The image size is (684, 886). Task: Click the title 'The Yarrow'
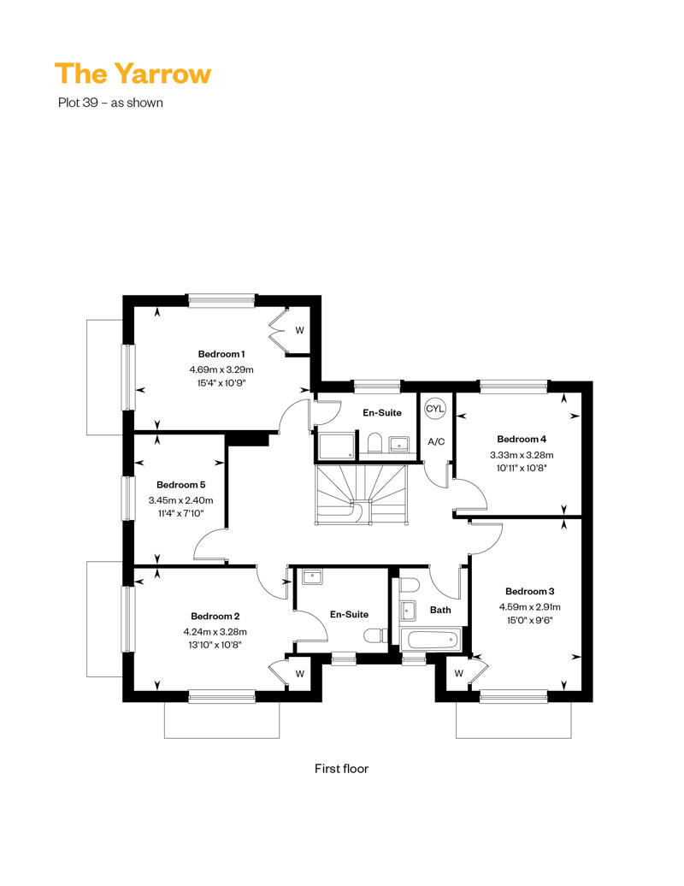pos(133,74)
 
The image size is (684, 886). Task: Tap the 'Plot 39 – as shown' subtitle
pos(110,103)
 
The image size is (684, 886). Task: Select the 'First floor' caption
pos(341,769)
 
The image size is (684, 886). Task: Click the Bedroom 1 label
pos(221,354)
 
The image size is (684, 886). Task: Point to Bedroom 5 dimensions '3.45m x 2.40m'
pos(180,500)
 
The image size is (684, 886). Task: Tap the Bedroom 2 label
pos(215,616)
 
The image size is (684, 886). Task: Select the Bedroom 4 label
pos(522,439)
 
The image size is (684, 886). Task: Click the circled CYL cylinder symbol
pos(435,409)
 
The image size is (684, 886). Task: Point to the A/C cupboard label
pos(436,442)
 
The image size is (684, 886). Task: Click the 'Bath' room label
pos(440,610)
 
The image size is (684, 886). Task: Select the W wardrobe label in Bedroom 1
pos(300,330)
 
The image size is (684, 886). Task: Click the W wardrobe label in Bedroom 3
pos(458,673)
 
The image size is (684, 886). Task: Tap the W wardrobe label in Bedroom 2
pos(300,674)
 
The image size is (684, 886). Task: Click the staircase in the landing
pos(362,494)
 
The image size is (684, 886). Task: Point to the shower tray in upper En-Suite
pos(338,446)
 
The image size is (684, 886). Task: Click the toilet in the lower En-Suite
pos(374,636)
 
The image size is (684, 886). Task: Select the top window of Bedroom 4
pos(513,387)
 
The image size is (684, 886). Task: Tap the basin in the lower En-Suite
pos(311,577)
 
